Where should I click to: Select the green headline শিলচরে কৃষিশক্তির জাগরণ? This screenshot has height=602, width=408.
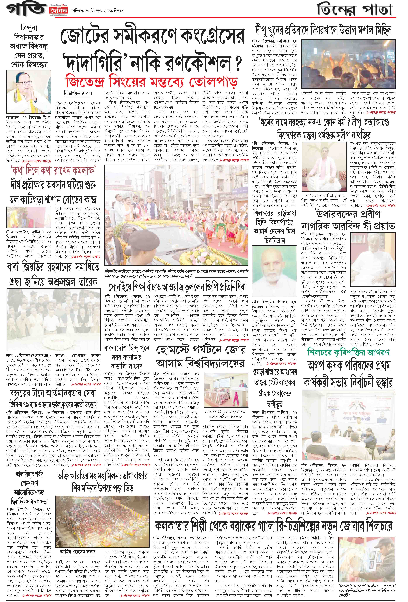[348, 352]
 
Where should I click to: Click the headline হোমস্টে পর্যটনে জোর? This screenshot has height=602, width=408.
[200, 350]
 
